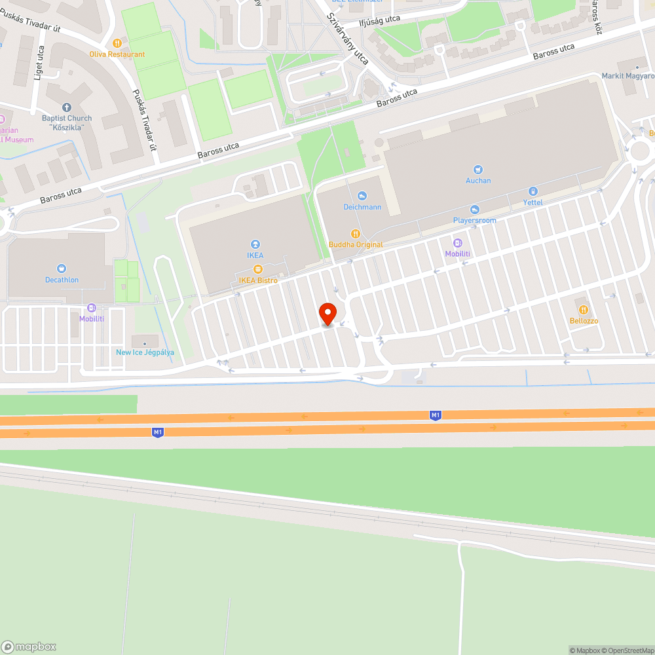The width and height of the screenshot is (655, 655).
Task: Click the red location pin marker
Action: click(327, 314)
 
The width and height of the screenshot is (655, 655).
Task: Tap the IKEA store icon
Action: click(255, 244)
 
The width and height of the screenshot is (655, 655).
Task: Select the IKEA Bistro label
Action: click(258, 280)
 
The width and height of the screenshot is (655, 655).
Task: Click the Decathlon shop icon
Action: click(62, 268)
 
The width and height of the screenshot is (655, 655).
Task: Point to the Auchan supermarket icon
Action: click(478, 169)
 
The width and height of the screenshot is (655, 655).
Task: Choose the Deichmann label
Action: click(362, 207)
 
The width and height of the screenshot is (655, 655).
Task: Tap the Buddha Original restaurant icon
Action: click(356, 233)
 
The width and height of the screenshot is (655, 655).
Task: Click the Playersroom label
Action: click(475, 220)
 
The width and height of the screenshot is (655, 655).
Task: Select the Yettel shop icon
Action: click(533, 191)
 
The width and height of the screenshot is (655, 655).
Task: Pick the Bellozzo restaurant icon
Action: click(583, 310)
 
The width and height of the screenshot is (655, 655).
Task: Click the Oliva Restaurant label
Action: click(118, 54)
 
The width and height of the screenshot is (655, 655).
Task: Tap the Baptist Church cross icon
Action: click(66, 107)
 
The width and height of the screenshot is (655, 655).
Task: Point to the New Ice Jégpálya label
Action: click(145, 352)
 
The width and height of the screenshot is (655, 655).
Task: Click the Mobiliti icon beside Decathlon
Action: click(92, 307)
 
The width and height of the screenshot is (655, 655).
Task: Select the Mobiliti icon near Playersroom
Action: click(458, 243)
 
